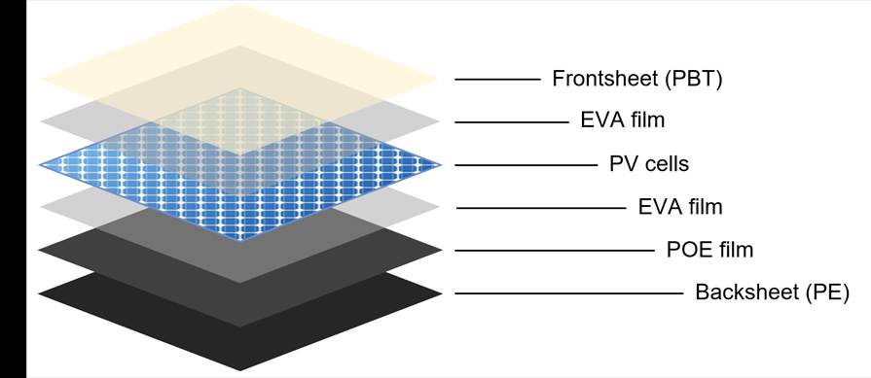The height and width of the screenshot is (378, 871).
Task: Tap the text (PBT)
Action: click(x=694, y=80)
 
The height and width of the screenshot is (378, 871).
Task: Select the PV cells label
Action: click(x=649, y=164)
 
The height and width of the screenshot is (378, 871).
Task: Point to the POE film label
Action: click(x=709, y=250)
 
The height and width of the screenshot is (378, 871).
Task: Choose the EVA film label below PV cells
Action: click(x=680, y=207)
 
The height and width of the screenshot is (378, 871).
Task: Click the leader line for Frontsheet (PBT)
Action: click(x=497, y=80)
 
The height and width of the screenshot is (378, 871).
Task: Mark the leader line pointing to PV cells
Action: click(x=526, y=165)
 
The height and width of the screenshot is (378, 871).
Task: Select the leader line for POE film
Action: click(x=555, y=251)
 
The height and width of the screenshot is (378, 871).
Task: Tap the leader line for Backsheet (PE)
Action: click(x=568, y=293)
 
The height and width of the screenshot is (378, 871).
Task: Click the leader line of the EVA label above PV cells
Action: click(x=512, y=121)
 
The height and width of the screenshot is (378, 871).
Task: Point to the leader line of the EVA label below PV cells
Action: click(x=540, y=208)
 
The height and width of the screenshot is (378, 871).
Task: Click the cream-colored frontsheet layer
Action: click(x=238, y=39)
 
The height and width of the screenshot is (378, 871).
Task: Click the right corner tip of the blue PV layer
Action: click(x=441, y=165)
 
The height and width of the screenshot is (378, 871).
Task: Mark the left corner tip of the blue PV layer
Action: click(x=40, y=165)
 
